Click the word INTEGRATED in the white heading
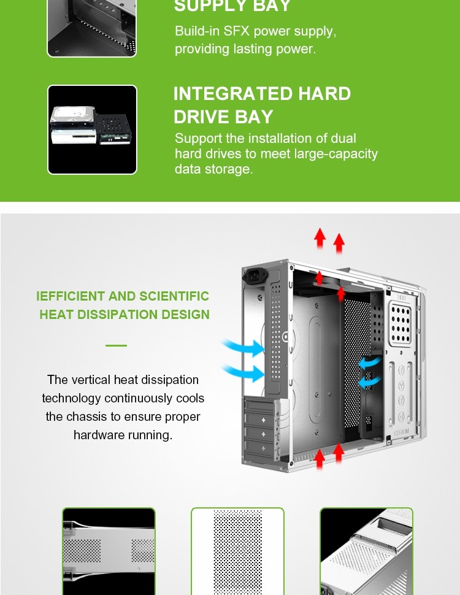233,94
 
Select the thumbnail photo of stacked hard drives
92,130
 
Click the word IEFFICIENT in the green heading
70,296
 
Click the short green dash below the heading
116,346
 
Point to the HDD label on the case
401,297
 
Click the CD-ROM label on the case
402,432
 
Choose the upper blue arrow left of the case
243,347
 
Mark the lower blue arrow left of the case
243,372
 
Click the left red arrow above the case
320,238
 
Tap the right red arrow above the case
339,244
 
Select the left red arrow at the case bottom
320,459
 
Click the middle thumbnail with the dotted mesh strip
237,551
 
